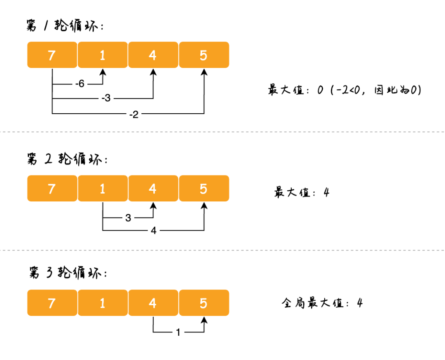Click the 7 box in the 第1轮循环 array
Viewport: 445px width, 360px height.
[x=52, y=55]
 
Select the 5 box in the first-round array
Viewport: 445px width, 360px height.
[x=204, y=55]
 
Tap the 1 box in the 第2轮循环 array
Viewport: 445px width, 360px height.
[x=103, y=189]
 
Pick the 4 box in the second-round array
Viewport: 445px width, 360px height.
[x=153, y=189]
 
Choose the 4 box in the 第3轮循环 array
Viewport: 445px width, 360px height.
[x=153, y=303]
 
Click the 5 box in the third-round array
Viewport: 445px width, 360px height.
[x=204, y=303]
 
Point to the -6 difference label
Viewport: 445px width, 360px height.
[x=80, y=84]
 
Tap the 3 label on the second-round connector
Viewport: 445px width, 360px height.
[x=128, y=218]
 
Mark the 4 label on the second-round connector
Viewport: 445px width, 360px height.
[x=154, y=231]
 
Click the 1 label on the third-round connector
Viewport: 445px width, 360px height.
[x=178, y=332]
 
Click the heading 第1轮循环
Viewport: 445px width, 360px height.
[x=64, y=26]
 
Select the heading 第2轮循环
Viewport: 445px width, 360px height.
[x=66, y=159]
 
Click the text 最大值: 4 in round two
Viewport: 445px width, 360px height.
[x=302, y=192]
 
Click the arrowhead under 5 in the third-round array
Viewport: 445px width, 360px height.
[x=204, y=320]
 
